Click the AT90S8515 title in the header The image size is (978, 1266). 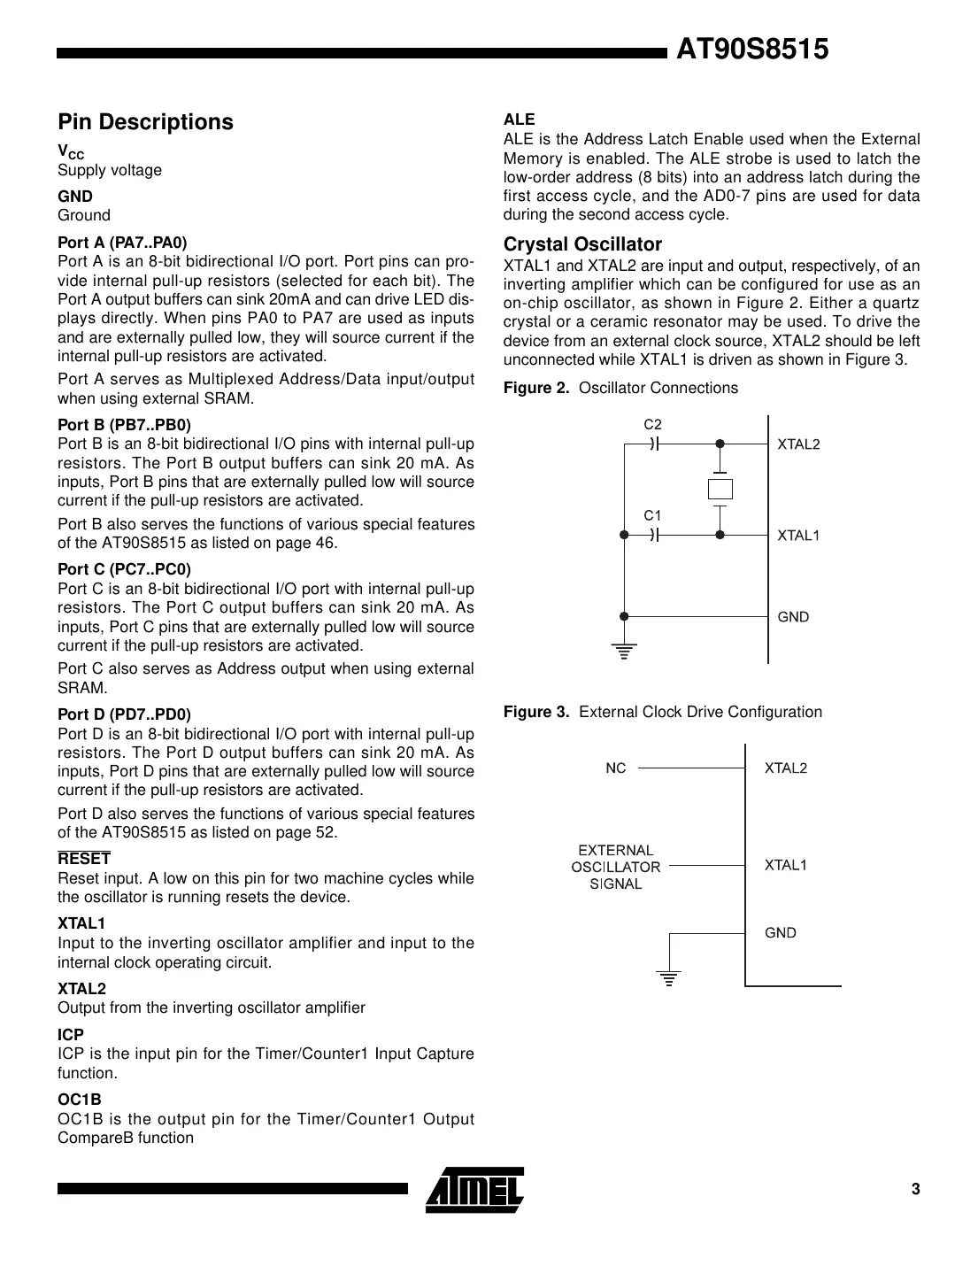(751, 50)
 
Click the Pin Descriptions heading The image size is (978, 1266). (145, 122)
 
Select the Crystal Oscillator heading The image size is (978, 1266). (582, 244)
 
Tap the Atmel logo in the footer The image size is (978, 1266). (474, 1190)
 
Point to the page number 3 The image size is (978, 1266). (915, 1189)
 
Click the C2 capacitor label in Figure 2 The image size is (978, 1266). (652, 425)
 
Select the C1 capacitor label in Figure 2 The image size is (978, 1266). (652, 515)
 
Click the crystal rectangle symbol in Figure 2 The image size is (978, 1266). (720, 490)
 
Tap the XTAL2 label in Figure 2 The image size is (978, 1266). (798, 444)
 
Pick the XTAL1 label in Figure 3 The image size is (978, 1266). (786, 865)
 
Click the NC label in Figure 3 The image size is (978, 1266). (615, 768)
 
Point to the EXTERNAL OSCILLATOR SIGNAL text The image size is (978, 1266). (616, 867)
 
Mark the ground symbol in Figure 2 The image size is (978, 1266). (624, 652)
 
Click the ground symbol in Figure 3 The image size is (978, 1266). (669, 977)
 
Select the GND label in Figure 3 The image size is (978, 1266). (781, 932)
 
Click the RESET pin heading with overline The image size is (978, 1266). (84, 859)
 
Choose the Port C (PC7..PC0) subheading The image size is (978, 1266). (124, 569)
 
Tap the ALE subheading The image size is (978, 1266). (519, 120)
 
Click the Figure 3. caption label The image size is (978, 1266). (536, 712)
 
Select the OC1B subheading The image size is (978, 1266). (80, 1100)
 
